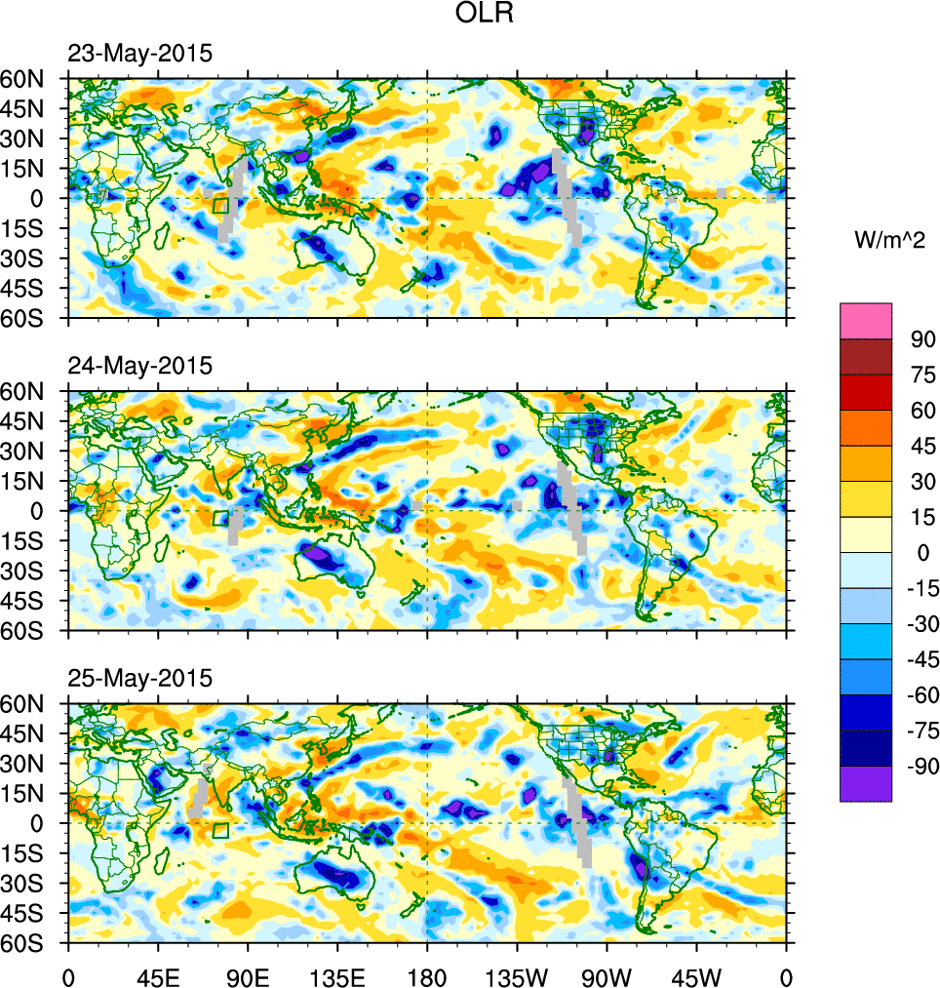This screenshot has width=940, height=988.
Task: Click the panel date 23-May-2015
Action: [x=139, y=55]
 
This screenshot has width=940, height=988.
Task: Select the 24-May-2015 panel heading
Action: [x=139, y=367]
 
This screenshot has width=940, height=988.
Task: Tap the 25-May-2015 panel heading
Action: [x=139, y=678]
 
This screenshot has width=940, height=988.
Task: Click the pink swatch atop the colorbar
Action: [x=865, y=320]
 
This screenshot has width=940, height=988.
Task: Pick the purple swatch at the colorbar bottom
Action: [x=865, y=783]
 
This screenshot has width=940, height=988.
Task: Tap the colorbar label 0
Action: [x=918, y=553]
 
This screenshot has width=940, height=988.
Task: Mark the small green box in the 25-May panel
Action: [x=220, y=830]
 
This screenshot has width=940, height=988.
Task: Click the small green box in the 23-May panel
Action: [x=220, y=205]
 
